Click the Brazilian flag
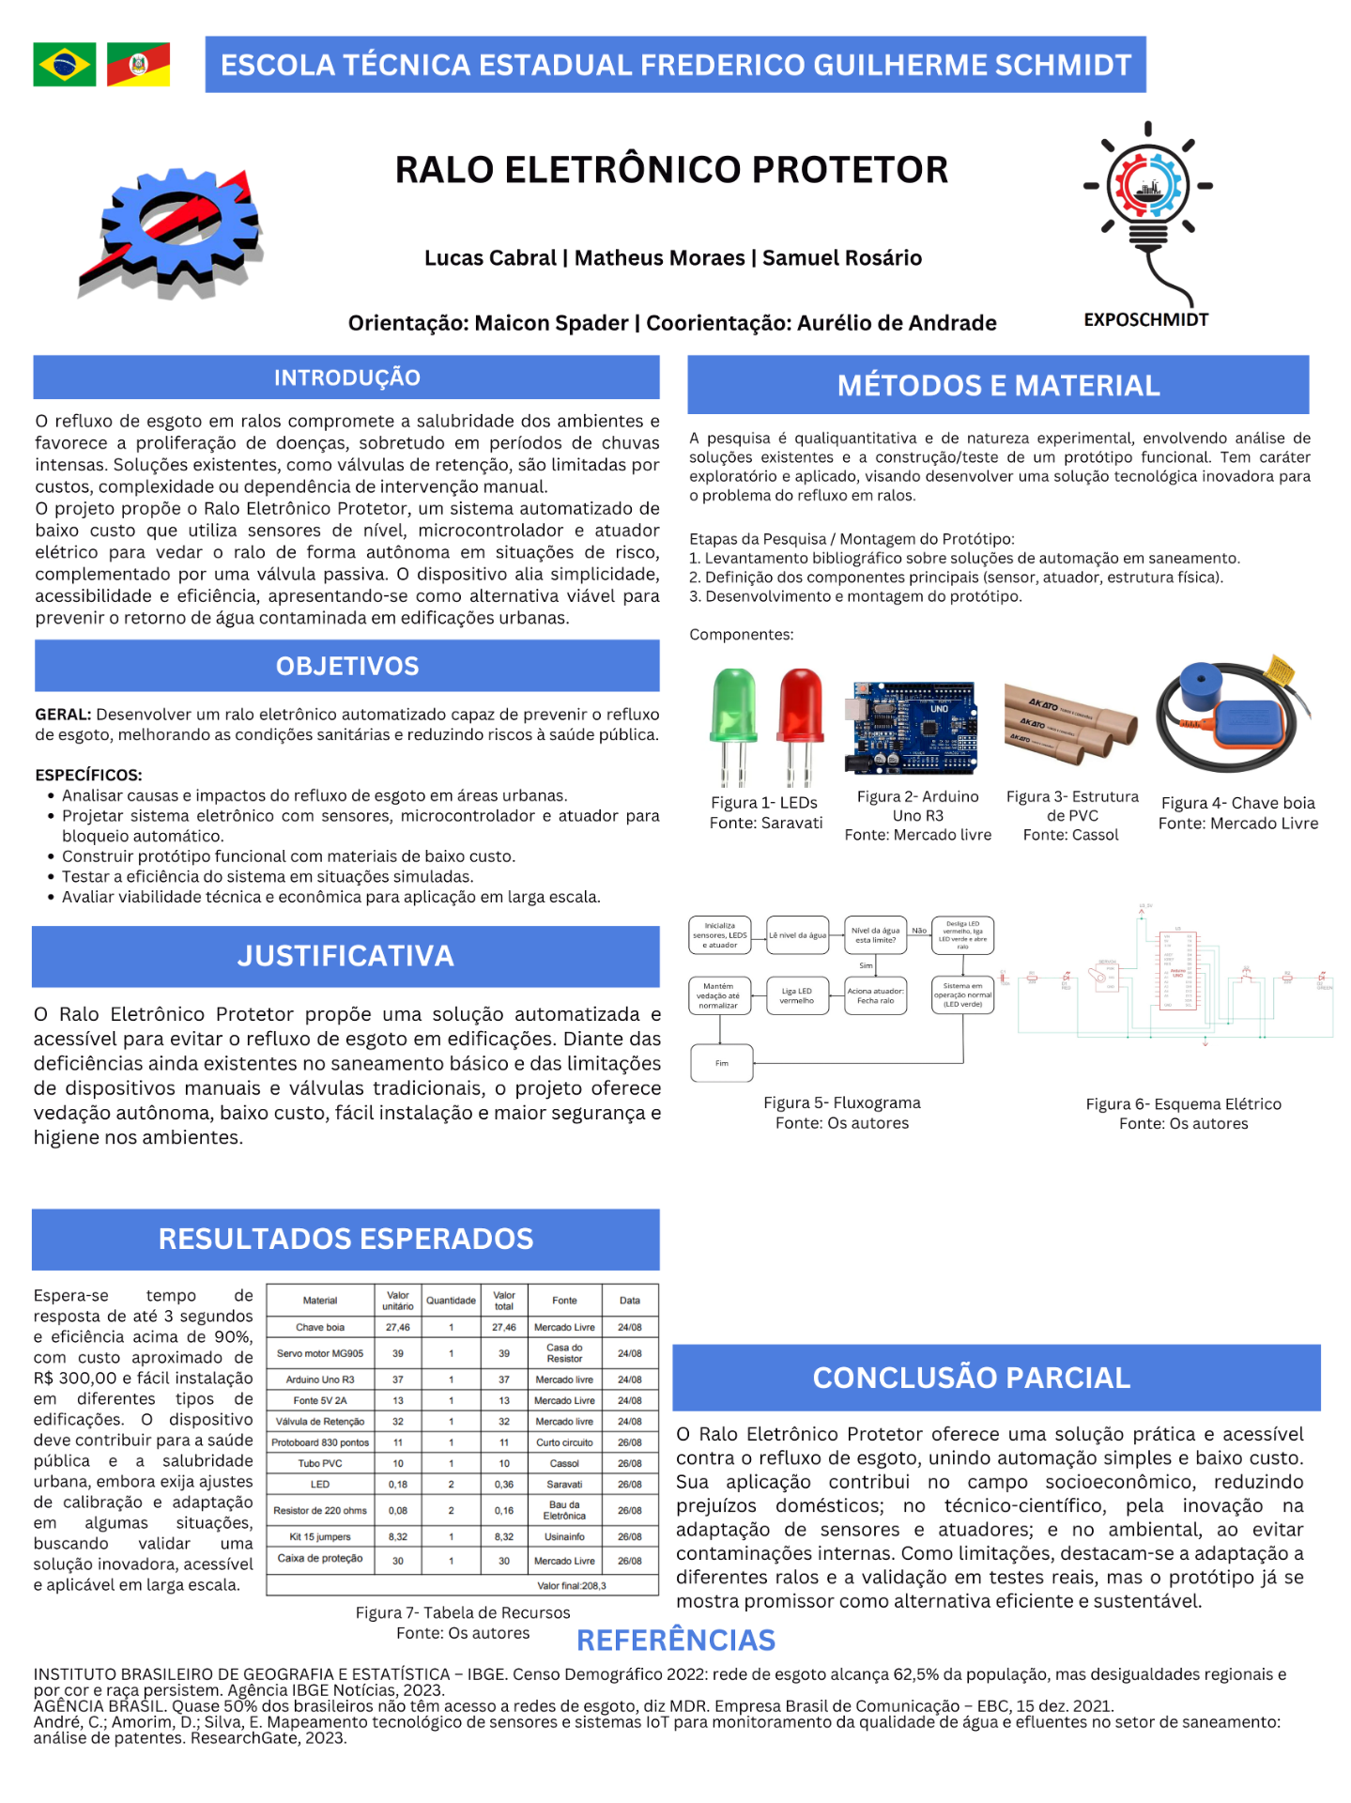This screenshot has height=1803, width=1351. (x=64, y=65)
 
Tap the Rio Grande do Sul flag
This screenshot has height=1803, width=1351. (x=138, y=65)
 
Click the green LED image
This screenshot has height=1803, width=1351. (x=733, y=724)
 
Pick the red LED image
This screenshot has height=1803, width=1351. (x=800, y=724)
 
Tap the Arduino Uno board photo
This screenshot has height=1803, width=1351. (x=914, y=728)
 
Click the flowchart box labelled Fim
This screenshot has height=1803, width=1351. (x=722, y=1063)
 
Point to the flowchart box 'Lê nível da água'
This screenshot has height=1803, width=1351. (x=797, y=935)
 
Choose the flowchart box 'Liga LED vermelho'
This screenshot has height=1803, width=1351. (x=797, y=995)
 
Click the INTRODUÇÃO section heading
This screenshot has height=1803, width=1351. (x=346, y=378)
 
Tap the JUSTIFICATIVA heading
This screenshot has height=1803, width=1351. (x=345, y=956)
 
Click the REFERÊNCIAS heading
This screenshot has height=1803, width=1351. (x=676, y=1641)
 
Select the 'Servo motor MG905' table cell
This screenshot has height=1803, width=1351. (x=320, y=1353)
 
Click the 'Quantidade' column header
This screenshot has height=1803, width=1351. (x=451, y=1301)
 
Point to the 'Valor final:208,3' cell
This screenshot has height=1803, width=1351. (x=571, y=1585)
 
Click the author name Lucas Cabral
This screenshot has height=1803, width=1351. (x=490, y=258)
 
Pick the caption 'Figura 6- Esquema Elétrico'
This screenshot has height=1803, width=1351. (x=1183, y=1104)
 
